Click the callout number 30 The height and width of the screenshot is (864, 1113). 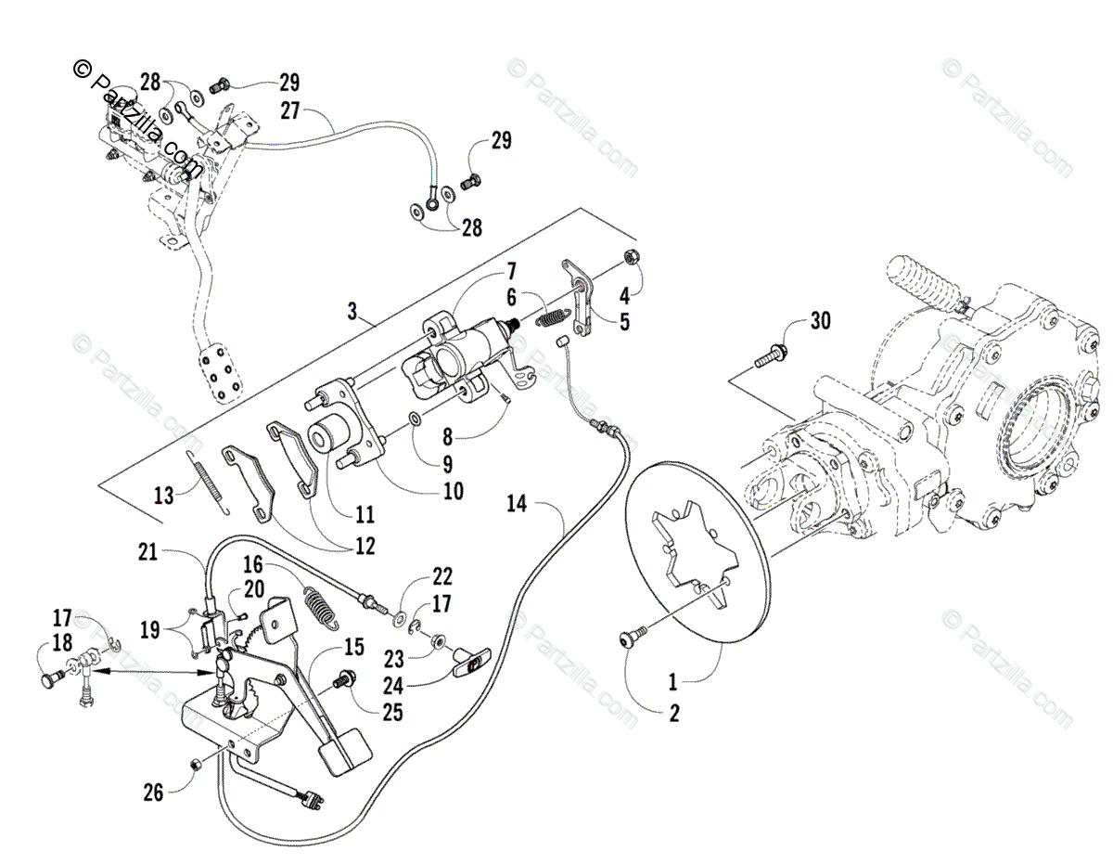(819, 322)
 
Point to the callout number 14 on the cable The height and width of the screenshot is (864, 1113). (518, 505)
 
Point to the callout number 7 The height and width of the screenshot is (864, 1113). (509, 272)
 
